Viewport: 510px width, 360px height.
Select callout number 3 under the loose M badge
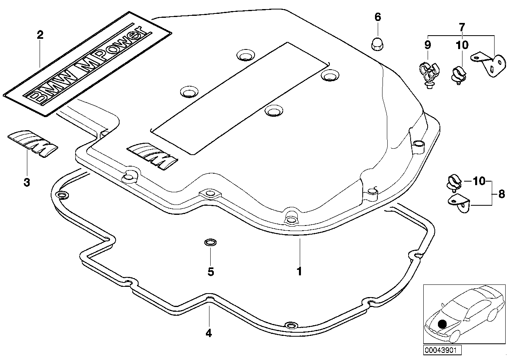click(x=27, y=182)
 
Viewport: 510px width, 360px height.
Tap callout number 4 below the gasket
click(x=209, y=333)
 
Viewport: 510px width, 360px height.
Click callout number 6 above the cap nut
click(x=377, y=17)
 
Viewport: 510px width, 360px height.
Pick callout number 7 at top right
click(x=462, y=27)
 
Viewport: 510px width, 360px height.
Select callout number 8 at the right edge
click(x=501, y=194)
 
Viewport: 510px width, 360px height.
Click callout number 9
click(x=428, y=45)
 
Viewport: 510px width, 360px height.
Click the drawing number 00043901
click(x=440, y=350)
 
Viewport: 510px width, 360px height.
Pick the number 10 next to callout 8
click(x=479, y=182)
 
